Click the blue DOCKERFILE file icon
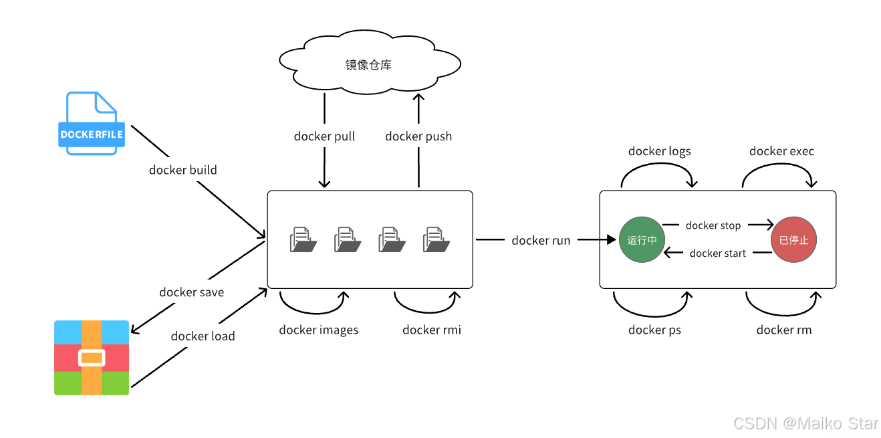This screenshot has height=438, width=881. pyautogui.click(x=92, y=123)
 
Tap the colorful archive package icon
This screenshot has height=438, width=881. pyautogui.click(x=92, y=358)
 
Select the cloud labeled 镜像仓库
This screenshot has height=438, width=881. pyautogui.click(x=370, y=62)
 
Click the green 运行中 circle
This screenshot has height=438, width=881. pyautogui.click(x=642, y=239)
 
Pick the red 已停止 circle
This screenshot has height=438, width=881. pyautogui.click(x=793, y=239)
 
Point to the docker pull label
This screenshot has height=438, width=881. pyautogui.click(x=324, y=136)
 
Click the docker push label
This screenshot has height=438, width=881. pyautogui.click(x=418, y=136)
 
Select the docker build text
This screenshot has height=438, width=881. pyautogui.click(x=183, y=170)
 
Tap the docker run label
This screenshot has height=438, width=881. pyautogui.click(x=541, y=240)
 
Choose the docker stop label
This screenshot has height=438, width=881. pyautogui.click(x=713, y=225)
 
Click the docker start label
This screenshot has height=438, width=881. pyautogui.click(x=718, y=253)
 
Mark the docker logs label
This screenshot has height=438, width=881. pyautogui.click(x=660, y=151)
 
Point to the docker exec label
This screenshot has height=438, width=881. pyautogui.click(x=781, y=151)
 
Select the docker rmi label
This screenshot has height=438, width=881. pyautogui.click(x=432, y=330)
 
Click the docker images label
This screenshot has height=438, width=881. pyautogui.click(x=319, y=330)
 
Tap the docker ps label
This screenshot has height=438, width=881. pyautogui.click(x=654, y=330)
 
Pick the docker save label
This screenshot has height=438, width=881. pyautogui.click(x=192, y=292)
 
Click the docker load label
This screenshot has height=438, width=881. pyautogui.click(x=203, y=336)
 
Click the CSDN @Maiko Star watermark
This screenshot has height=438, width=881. pyautogui.click(x=806, y=423)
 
